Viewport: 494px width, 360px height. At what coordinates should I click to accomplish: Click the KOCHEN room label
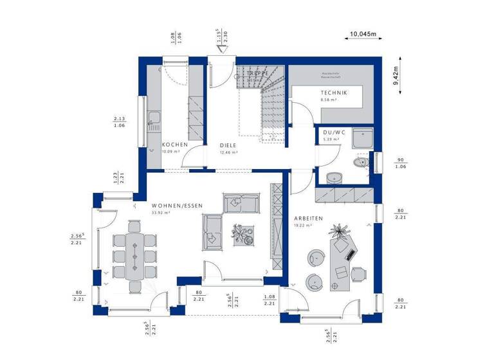pos(174,145)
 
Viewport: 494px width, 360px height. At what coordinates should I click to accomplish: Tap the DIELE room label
pos(229,145)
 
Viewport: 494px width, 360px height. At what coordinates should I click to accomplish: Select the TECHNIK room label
pos(334,93)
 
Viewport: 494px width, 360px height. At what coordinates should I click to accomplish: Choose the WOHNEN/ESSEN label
pos(177,205)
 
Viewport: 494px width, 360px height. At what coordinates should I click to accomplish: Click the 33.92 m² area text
pos(160,212)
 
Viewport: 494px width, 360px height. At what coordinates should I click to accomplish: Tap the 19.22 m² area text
pos(303,226)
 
